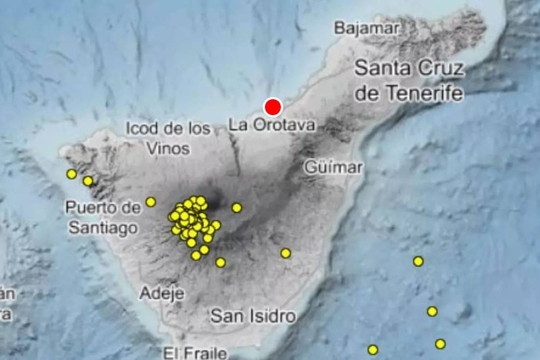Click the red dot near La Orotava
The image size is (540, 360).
click(273, 107)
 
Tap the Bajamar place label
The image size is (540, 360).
click(367, 28)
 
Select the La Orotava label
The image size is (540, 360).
click(271, 125)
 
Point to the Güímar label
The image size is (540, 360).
click(333, 167)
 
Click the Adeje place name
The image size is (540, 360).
click(162, 293)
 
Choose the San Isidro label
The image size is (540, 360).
click(253, 316)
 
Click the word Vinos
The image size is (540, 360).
click(168, 148)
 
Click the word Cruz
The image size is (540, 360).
click(436, 69)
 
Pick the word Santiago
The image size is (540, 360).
click(103, 228)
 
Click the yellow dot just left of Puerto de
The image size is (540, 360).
click(88, 181)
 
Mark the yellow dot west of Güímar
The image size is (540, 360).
click(237, 208)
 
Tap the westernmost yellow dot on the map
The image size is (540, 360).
click(71, 174)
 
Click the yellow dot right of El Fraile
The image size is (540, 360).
click(373, 350)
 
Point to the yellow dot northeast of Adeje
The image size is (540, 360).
click(196, 255)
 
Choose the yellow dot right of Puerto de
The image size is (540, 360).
click(151, 202)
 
